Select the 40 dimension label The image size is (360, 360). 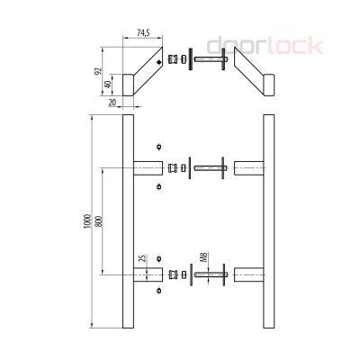(x=107, y=86)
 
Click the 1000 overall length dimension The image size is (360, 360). (x=86, y=223)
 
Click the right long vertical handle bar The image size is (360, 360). (x=267, y=223)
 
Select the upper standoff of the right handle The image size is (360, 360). (x=247, y=166)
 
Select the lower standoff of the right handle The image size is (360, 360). (x=247, y=274)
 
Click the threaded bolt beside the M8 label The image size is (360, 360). (x=214, y=274)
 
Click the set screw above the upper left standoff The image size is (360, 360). (x=160, y=147)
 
